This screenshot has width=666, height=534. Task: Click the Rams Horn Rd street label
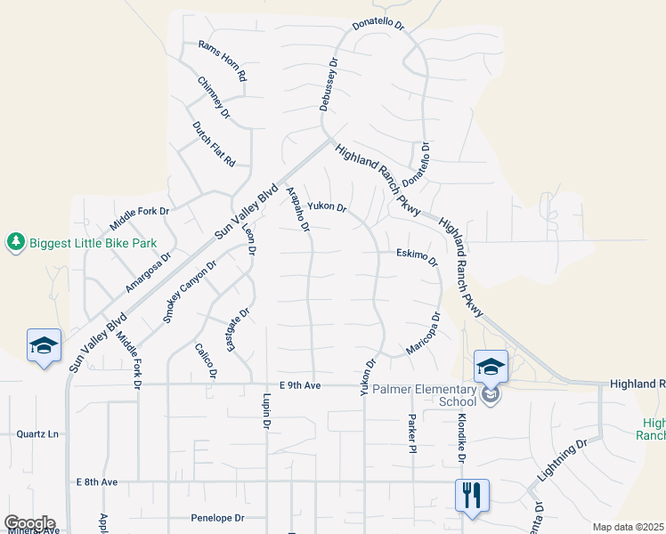[222, 61]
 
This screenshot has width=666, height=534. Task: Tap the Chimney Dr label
[214, 98]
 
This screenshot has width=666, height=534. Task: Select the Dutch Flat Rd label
[214, 144]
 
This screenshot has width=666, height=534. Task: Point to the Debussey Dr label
[329, 85]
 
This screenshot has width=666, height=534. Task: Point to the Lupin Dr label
[266, 412]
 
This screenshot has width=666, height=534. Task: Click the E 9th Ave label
[298, 385]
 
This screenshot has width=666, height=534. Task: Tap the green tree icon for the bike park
[15, 242]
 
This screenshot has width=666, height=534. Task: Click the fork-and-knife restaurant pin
[472, 495]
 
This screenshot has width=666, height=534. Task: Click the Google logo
[28, 523]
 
